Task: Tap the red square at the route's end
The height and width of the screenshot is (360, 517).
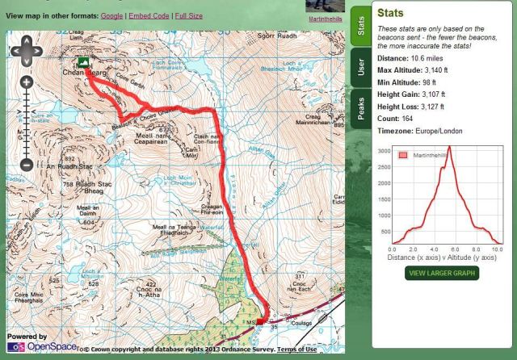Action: point(259,321)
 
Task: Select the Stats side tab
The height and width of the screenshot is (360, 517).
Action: point(360,25)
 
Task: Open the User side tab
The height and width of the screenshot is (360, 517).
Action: point(360,67)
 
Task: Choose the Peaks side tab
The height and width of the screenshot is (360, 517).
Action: point(360,108)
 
